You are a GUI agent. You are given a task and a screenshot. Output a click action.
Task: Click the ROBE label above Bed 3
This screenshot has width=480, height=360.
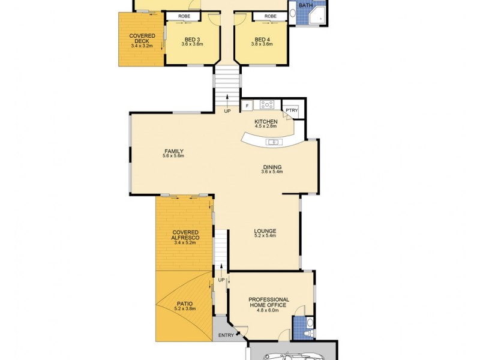coord(185,16)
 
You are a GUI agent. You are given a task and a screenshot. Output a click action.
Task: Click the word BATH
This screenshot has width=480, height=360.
coord(306,5)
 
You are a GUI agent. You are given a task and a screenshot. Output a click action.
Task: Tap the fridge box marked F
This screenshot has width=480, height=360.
coord(247,106)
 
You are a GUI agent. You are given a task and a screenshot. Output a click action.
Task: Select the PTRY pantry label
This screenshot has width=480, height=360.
coord(292,110)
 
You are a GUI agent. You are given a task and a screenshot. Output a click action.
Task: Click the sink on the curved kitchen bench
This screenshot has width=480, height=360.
coord(273,142)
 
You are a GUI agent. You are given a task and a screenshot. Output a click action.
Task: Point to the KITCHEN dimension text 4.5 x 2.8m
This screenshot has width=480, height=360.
coord(266,127)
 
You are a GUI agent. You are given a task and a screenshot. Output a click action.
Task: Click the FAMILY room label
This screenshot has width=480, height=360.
coord(174,151)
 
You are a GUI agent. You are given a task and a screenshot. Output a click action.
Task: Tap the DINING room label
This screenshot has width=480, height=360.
coord(272,167)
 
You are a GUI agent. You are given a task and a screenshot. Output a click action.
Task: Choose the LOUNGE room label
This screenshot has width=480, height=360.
coord(265,230)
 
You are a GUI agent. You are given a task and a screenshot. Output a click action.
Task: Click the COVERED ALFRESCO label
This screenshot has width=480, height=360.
coord(185,238)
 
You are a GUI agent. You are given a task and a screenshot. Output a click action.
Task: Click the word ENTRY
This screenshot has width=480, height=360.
coord(226,335)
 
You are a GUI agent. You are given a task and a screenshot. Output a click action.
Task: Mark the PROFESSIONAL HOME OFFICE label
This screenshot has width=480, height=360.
coord(269,302)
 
